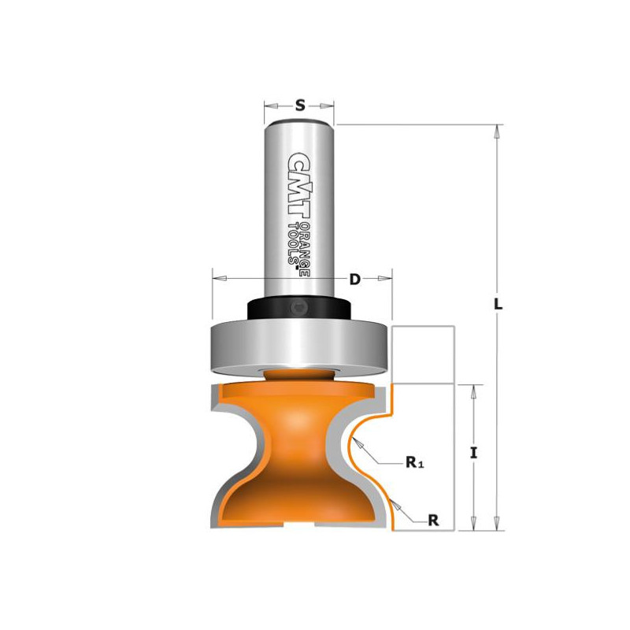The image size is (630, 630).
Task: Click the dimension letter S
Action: click(x=300, y=106)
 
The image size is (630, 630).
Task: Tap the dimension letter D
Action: click(x=355, y=280)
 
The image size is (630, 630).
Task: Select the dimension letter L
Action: click(x=498, y=304)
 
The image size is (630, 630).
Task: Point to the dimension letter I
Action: click(x=474, y=454)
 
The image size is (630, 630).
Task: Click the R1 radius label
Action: click(x=415, y=463)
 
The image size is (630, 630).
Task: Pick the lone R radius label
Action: click(x=433, y=521)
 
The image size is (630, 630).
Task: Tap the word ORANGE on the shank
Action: click(x=306, y=248)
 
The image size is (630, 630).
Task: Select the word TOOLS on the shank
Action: click(x=295, y=243)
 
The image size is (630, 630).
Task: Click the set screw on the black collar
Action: click(x=298, y=309)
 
